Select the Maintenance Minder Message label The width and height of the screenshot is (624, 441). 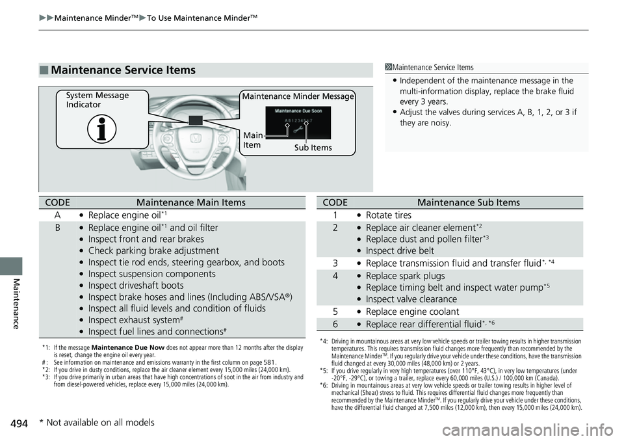pyautogui.click(x=298, y=97)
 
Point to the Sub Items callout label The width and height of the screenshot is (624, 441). pyautogui.click(x=313, y=148)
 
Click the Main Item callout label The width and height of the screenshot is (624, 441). pyautogui.click(x=253, y=140)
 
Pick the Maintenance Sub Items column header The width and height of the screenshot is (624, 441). pyautogui.click(x=468, y=202)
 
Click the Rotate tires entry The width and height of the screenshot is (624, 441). pyautogui.click(x=388, y=215)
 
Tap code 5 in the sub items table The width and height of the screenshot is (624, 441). pyautogui.click(x=335, y=312)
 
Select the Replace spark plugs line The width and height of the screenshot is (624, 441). pyautogui.click(x=400, y=276)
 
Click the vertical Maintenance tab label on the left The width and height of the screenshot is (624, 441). pyautogui.click(x=11, y=303)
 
